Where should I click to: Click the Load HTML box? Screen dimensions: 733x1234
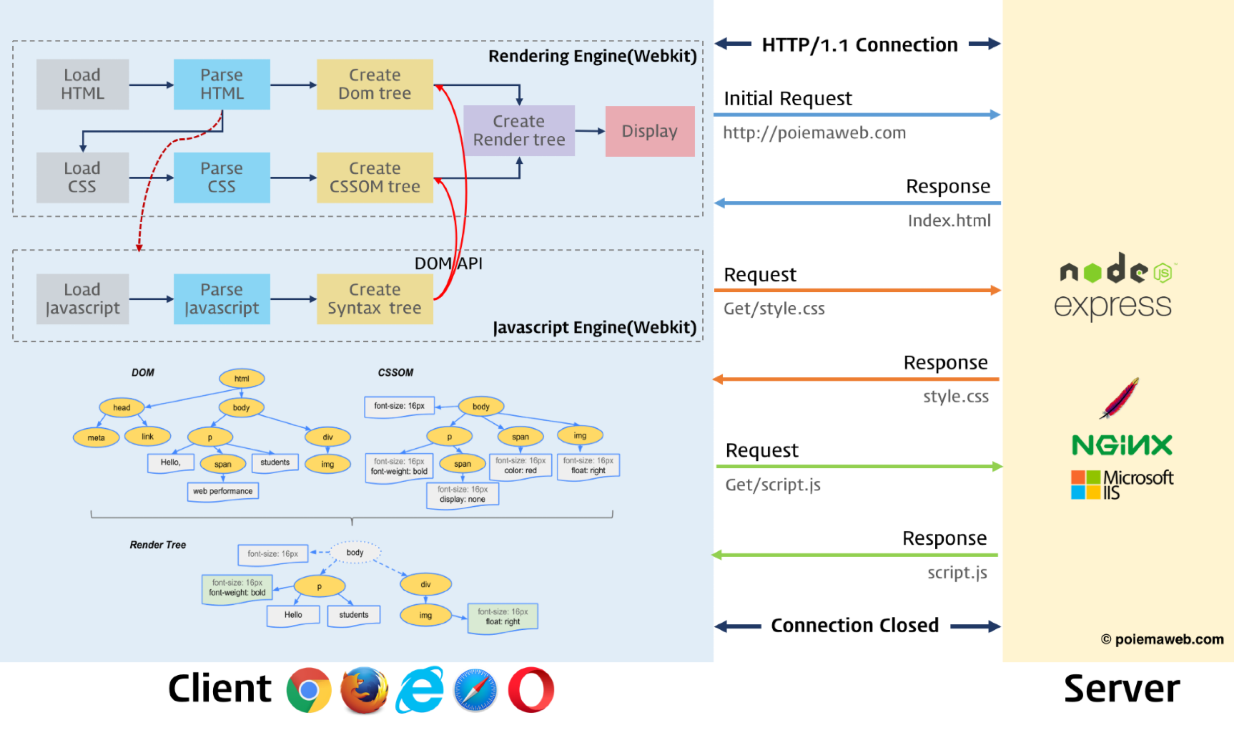[82, 84]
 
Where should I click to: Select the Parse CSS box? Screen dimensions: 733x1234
[222, 177]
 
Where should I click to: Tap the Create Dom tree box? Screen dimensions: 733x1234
[375, 84]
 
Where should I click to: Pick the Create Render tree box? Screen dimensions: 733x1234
[519, 131]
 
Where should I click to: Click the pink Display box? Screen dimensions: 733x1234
[650, 131]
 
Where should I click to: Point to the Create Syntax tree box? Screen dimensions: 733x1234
[375, 299]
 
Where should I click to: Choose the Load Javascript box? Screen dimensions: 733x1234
[82, 299]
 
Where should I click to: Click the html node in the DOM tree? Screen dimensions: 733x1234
[242, 379]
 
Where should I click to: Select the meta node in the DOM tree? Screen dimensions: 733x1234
[96, 438]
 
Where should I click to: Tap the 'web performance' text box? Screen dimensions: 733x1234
[223, 491]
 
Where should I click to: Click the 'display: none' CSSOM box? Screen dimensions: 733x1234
[463, 494]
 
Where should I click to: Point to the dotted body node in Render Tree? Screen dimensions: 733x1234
[355, 552]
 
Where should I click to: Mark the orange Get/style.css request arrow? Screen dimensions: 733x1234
[857, 290]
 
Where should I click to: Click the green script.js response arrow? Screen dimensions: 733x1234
[855, 555]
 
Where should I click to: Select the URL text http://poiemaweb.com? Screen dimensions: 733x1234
[814, 133]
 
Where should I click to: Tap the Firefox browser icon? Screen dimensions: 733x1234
[364, 690]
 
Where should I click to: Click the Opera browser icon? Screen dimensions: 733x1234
[531, 690]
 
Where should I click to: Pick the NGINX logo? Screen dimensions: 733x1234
[1121, 445]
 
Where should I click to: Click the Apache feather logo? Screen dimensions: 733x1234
[1119, 398]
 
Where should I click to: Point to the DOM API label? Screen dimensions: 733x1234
[448, 264]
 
